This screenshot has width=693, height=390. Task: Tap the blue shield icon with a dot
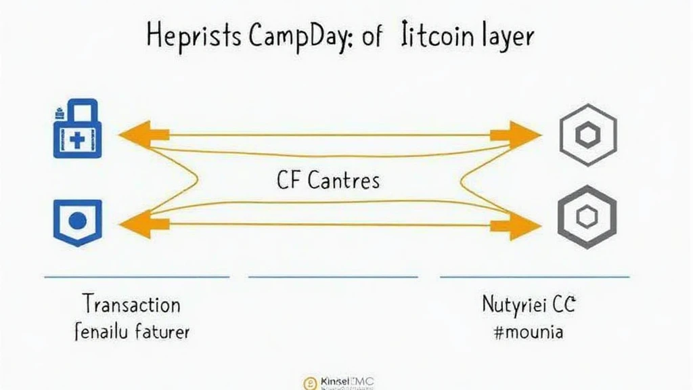(x=77, y=221)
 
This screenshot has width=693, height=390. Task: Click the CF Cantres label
(x=328, y=180)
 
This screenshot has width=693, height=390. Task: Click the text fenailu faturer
(x=131, y=332)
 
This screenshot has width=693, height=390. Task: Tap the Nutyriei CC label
(x=528, y=305)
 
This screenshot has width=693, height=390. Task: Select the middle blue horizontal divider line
(x=333, y=276)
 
